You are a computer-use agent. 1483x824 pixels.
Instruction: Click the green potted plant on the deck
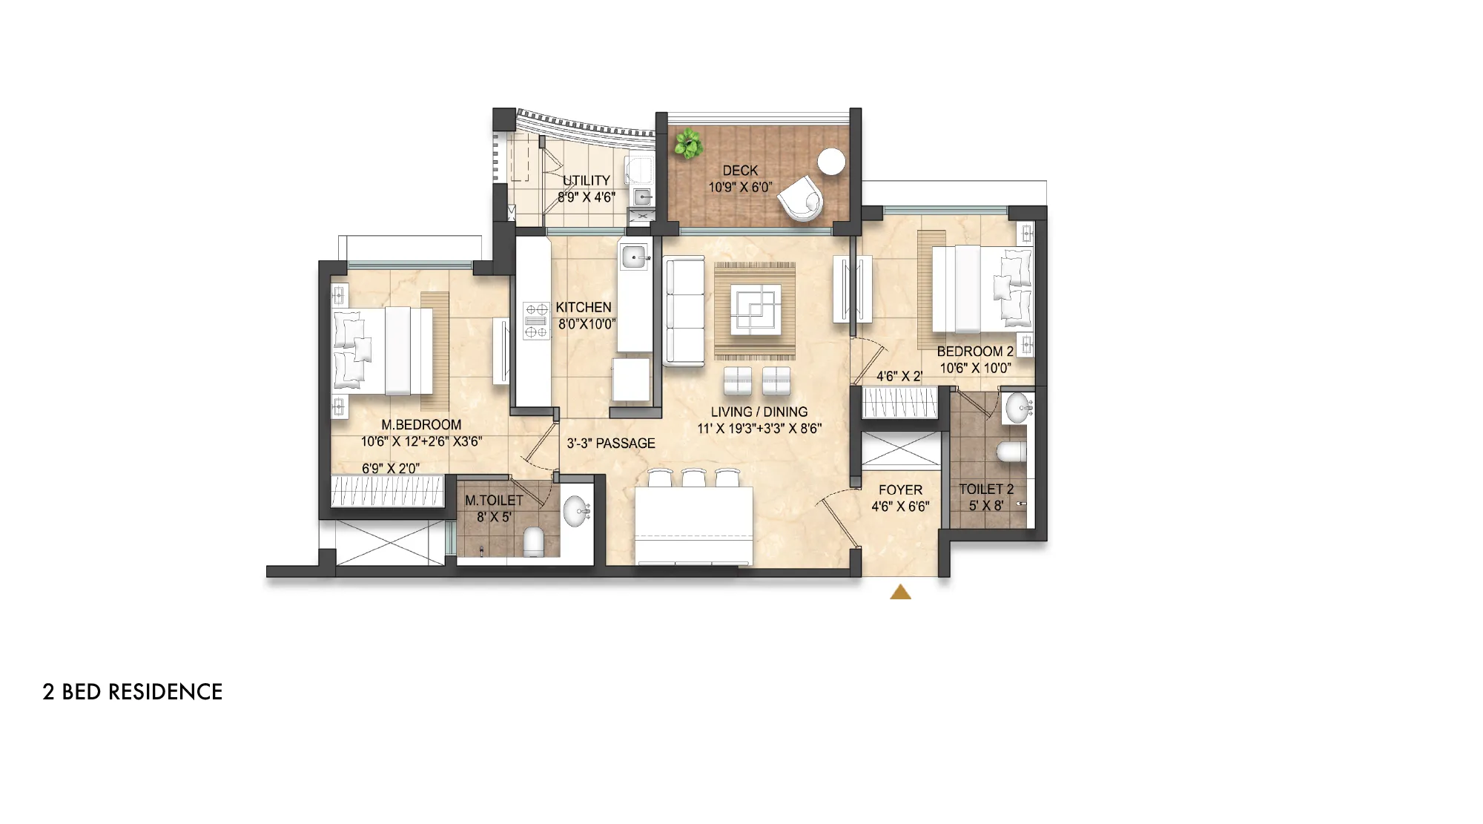689,144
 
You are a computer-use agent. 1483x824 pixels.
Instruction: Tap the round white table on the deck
831,162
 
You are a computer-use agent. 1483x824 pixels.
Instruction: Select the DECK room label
740,171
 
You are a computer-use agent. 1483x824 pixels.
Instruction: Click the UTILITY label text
587,180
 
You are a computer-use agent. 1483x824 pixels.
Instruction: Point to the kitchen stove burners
536,320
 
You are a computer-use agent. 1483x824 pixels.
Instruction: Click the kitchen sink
635,257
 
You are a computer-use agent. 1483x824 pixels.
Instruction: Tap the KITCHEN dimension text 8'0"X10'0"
587,324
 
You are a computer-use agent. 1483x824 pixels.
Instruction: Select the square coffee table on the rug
755,309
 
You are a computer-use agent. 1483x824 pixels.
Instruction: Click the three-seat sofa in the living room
683,312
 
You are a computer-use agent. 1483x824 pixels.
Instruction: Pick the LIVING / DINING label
759,412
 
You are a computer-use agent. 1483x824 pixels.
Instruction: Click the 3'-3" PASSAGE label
611,444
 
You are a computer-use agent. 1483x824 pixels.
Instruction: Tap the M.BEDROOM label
421,425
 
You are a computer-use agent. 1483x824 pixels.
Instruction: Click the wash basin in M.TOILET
576,510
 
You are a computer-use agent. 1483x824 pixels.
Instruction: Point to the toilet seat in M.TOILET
533,542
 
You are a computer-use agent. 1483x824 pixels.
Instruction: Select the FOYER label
900,490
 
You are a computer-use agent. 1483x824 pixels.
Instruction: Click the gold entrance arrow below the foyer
900,591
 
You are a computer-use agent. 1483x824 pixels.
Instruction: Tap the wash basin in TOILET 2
1018,408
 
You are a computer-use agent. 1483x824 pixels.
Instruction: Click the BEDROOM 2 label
975,352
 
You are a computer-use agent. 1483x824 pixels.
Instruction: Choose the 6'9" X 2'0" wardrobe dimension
391,468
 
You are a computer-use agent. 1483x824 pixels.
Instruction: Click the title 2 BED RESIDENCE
133,692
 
